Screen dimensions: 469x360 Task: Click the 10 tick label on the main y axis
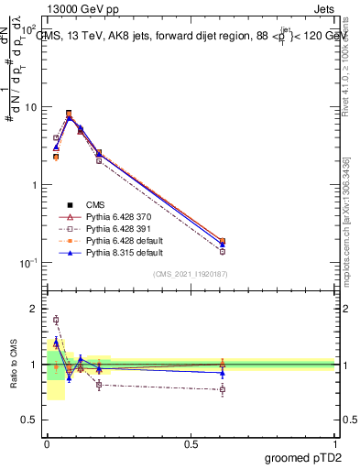pos(29,107)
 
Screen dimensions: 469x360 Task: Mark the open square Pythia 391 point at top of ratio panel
pos(56,320)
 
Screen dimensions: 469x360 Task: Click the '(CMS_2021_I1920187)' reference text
pos(191,274)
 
